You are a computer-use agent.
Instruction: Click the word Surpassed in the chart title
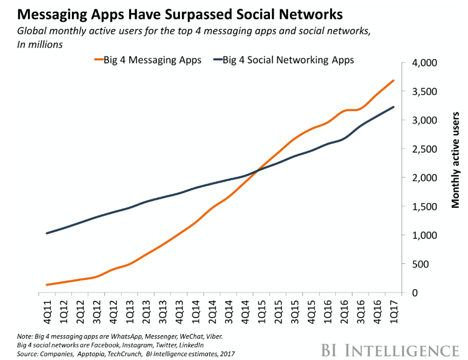coord(198,14)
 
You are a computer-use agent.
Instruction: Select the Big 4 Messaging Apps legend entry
coord(148,60)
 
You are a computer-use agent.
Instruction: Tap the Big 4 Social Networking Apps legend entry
coord(284,60)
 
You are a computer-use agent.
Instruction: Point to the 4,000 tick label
coord(425,63)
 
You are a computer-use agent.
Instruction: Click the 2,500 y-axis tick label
coord(425,149)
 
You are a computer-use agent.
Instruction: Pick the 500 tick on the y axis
coord(420,264)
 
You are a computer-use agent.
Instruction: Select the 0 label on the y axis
coord(415,293)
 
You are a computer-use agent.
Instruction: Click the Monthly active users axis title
coord(455,160)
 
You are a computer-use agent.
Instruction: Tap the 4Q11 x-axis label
coord(47,312)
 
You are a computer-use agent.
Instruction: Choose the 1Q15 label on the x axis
coord(261,312)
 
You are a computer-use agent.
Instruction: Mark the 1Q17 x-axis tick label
coord(394,312)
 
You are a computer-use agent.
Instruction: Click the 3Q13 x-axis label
coord(163,312)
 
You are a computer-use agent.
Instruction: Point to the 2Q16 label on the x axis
coord(344,312)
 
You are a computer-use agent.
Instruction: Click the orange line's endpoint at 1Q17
coord(394,80)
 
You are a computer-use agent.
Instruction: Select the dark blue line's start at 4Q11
coord(47,233)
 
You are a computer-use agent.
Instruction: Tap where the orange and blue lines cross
coord(257,171)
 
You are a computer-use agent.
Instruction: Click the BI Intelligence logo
coord(390,350)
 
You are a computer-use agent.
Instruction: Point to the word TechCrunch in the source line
coord(124,354)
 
